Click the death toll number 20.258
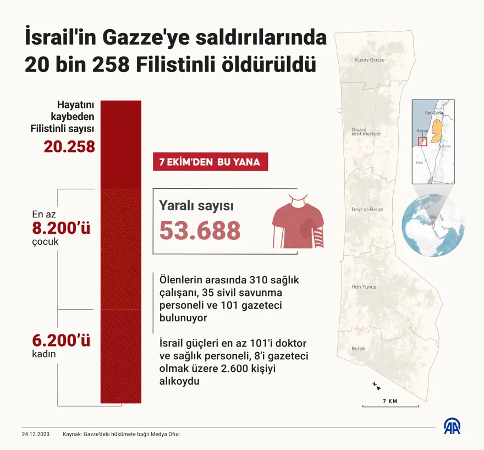[x=69, y=147]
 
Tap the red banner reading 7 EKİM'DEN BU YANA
[x=210, y=162]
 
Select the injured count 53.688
[x=200, y=231]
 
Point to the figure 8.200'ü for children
[x=61, y=228]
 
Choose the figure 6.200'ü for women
[x=61, y=341]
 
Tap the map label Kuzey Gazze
[x=370, y=59]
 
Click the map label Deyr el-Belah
[x=367, y=210]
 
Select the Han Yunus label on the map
[x=364, y=287]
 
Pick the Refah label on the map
[x=359, y=349]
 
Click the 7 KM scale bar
[x=389, y=406]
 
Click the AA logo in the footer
[x=453, y=427]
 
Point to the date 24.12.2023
[x=36, y=434]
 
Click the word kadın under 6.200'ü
[x=44, y=354]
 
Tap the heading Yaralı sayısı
[x=196, y=206]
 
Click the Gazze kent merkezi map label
[x=366, y=132]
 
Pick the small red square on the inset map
[x=422, y=141]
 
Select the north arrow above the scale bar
[x=374, y=384]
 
